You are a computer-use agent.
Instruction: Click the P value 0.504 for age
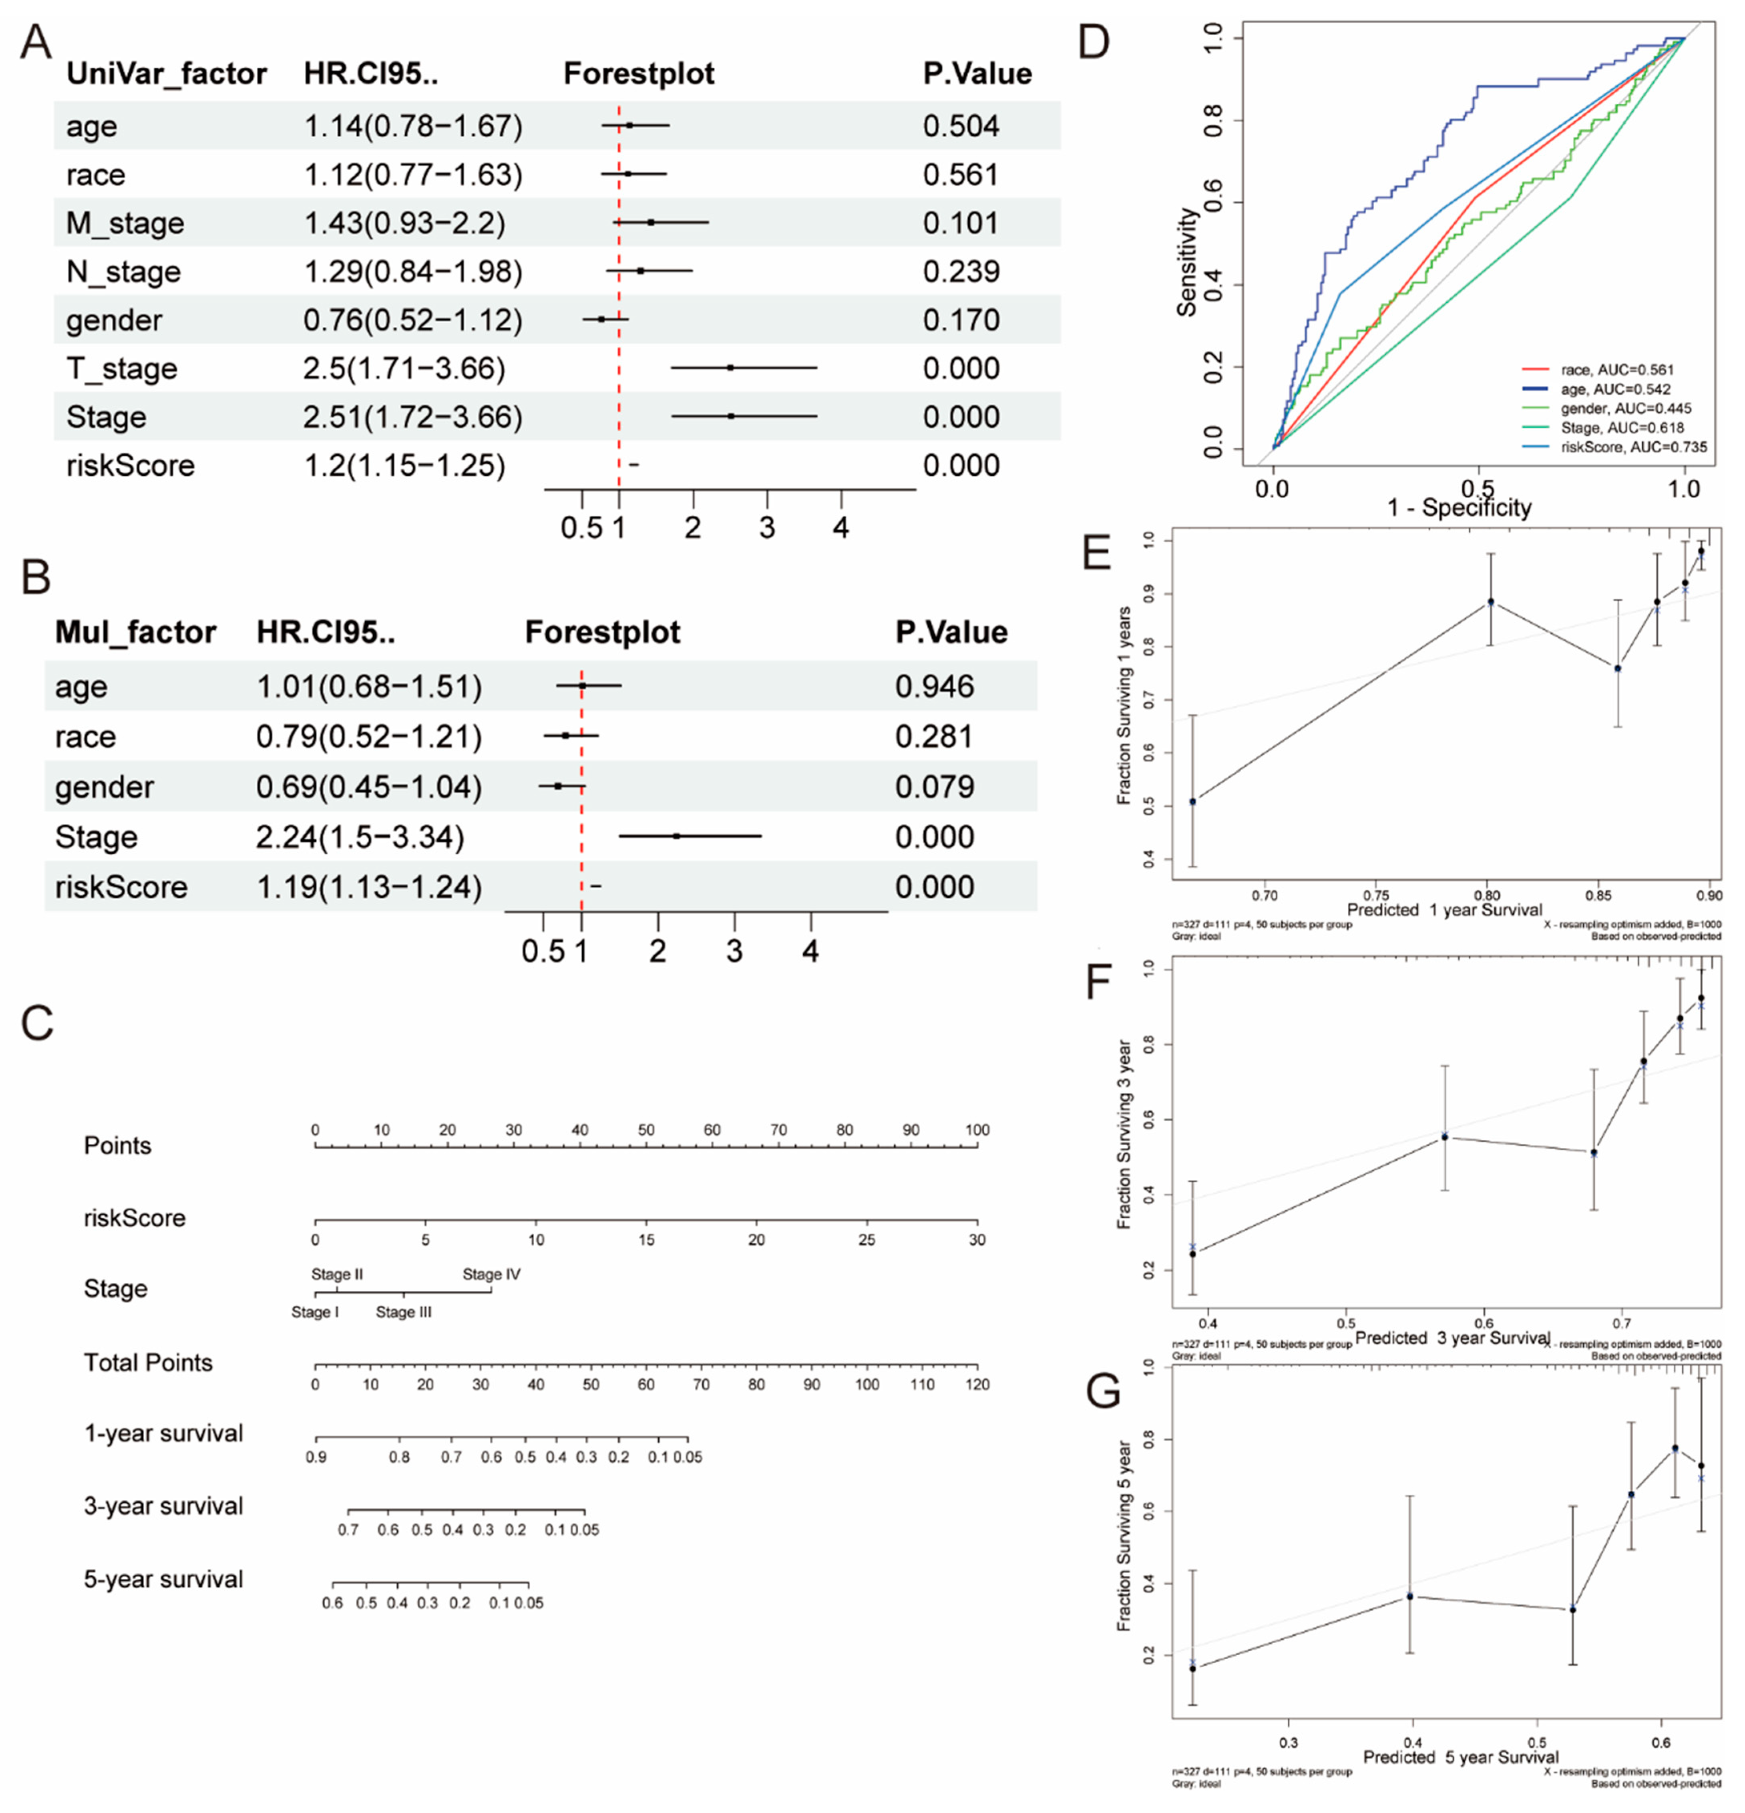(x=961, y=126)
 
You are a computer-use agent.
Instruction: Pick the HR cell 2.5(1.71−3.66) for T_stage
(x=404, y=368)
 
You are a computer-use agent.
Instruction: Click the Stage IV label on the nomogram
(x=491, y=1274)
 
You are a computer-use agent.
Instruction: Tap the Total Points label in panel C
(x=148, y=1363)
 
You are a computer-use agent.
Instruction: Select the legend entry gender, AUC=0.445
(x=1626, y=408)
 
